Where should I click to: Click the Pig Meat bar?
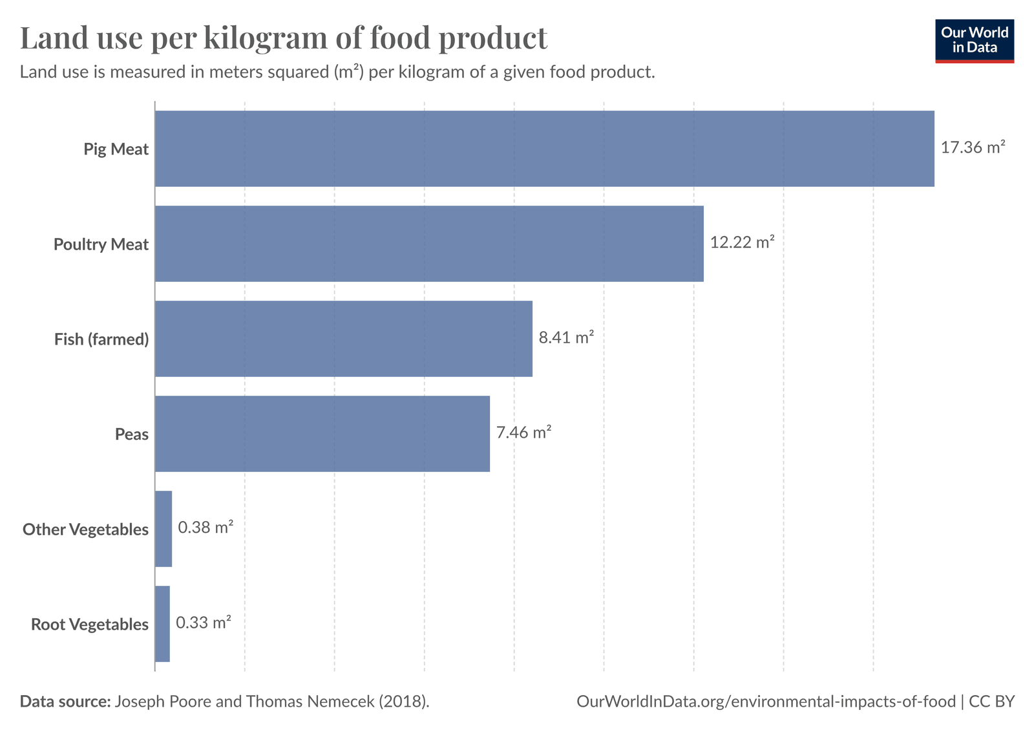[544, 149]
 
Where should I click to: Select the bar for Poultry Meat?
[429, 244]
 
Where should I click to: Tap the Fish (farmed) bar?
[343, 339]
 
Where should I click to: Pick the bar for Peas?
[322, 434]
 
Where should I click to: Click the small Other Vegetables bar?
[164, 529]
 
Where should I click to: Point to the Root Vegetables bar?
[162, 624]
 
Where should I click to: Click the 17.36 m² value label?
[973, 147]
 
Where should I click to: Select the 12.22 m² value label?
[742, 242]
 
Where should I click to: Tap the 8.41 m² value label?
[566, 338]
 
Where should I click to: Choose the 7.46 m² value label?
[523, 433]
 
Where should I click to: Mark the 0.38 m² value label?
[206, 528]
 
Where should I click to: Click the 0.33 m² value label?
[204, 623]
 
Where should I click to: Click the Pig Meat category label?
[116, 149]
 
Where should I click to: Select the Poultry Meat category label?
[101, 244]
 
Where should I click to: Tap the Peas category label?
[132, 435]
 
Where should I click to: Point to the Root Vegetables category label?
[90, 625]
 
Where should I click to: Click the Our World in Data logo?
[975, 41]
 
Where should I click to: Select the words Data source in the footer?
[65, 702]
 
